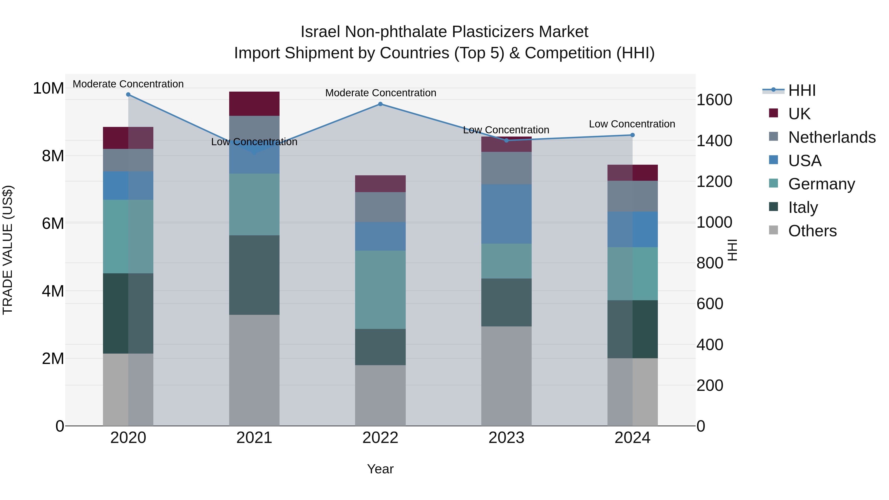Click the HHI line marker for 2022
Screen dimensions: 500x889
click(x=380, y=104)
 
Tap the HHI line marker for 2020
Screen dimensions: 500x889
click(x=128, y=94)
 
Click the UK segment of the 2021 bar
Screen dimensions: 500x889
click(x=254, y=103)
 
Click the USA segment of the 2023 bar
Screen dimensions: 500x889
click(x=506, y=214)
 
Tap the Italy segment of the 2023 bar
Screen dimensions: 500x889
click(x=506, y=302)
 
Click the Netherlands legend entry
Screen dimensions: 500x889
click(x=832, y=137)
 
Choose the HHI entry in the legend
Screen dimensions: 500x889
click(x=802, y=90)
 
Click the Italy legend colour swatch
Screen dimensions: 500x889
click(x=773, y=207)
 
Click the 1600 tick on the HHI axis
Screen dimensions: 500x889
click(x=714, y=100)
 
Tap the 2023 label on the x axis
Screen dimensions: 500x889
click(x=506, y=438)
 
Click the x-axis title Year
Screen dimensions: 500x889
click(x=380, y=469)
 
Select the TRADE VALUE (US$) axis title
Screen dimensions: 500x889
click(x=8, y=250)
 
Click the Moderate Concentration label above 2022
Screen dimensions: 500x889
click(x=380, y=93)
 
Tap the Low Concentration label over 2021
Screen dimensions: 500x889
click(x=254, y=142)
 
